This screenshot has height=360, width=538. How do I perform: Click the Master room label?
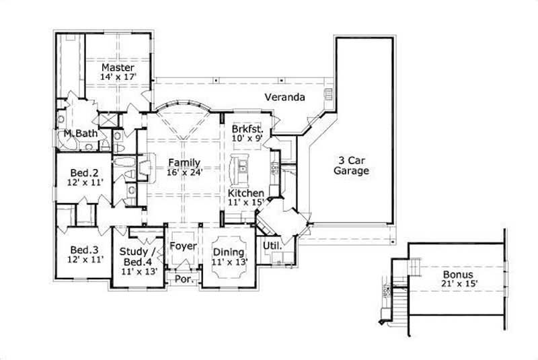(118, 67)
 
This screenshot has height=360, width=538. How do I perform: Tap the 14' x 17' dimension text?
(118, 77)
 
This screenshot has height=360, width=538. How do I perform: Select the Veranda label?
(284, 98)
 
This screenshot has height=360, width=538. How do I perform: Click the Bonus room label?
(457, 275)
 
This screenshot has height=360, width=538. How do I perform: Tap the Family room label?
(184, 162)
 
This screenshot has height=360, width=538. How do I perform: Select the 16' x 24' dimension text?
(184, 172)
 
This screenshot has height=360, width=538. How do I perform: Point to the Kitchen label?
(245, 194)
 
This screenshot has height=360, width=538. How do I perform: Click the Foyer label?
(182, 246)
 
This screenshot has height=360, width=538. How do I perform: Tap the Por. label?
(182, 278)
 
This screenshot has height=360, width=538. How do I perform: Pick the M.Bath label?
(81, 133)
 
